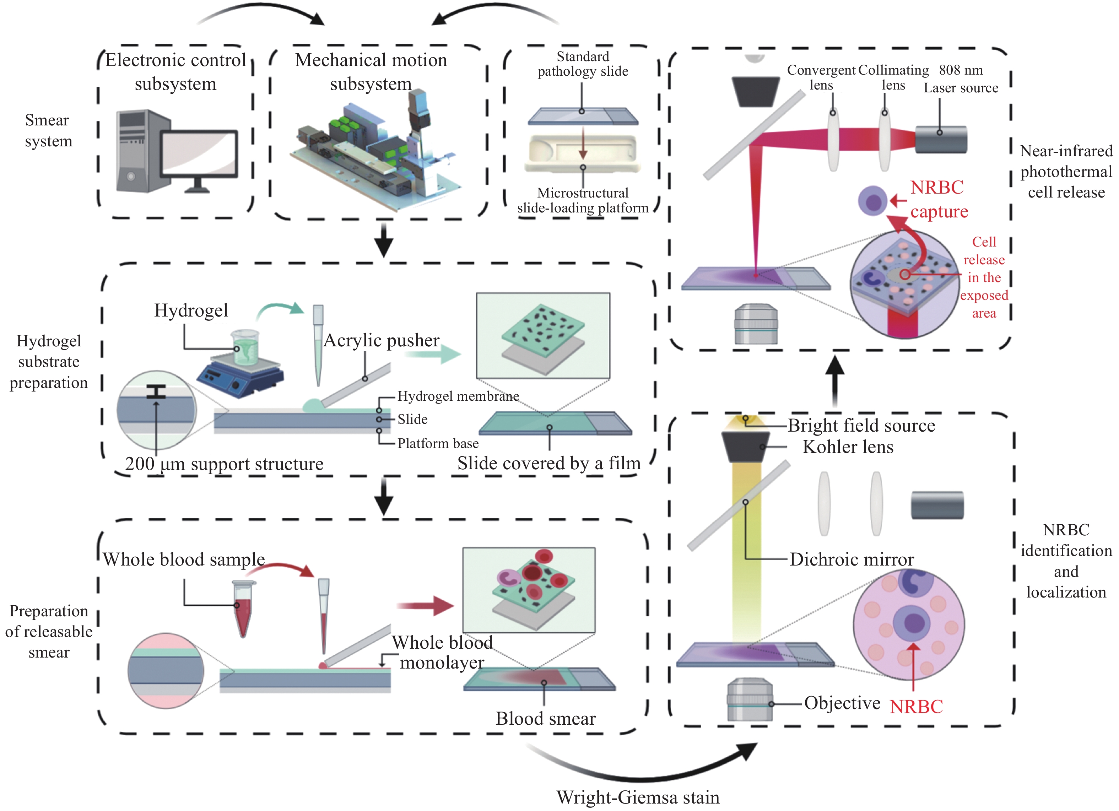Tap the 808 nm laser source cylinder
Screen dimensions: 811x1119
(x=941, y=140)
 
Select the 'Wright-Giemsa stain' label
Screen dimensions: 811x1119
(x=637, y=797)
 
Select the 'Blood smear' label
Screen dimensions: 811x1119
(x=545, y=718)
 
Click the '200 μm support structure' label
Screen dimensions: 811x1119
(x=224, y=464)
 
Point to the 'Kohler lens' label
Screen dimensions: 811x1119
(x=848, y=447)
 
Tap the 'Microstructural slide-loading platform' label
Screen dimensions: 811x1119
(x=583, y=200)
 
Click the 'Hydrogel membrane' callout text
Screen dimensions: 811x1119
(x=458, y=396)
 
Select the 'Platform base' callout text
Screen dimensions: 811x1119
(x=438, y=443)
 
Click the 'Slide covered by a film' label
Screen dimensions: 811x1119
(x=548, y=463)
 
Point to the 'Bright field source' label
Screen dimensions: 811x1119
(x=861, y=425)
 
